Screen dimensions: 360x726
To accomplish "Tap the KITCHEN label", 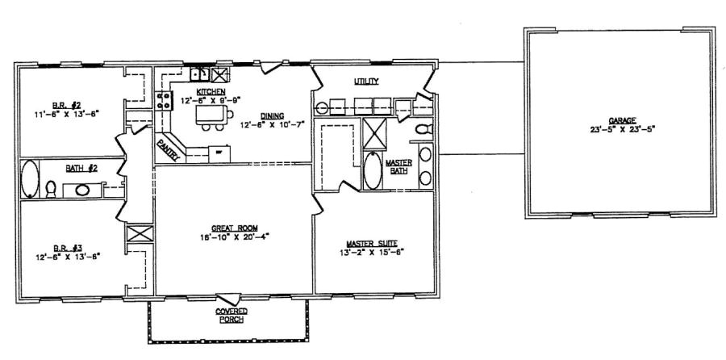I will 198,92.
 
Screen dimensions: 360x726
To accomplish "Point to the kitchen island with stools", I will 211,119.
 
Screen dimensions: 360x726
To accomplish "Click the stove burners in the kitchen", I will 164,101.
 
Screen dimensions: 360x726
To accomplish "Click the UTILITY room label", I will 365,82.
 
